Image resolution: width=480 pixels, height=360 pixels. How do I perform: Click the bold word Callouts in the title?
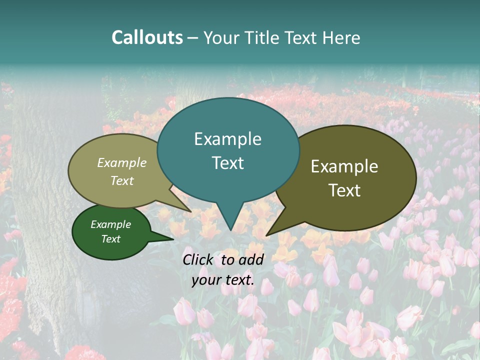pyautogui.click(x=147, y=37)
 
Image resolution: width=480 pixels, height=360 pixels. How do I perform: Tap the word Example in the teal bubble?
pyautogui.click(x=227, y=139)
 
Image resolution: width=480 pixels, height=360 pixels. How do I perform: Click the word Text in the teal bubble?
pyautogui.click(x=227, y=163)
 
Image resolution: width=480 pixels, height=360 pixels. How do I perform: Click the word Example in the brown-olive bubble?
pyautogui.click(x=344, y=166)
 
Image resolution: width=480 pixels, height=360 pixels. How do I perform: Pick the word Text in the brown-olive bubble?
pyautogui.click(x=344, y=190)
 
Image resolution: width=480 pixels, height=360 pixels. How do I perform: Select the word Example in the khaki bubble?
pyautogui.click(x=122, y=163)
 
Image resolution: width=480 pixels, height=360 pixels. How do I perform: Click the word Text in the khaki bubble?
pyautogui.click(x=122, y=180)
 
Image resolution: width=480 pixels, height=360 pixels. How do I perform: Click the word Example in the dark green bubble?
pyautogui.click(x=110, y=224)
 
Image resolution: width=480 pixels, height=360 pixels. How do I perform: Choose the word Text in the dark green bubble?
pyautogui.click(x=110, y=239)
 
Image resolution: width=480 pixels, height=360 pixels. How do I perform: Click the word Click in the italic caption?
pyautogui.click(x=198, y=259)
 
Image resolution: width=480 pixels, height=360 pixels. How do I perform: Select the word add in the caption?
pyautogui.click(x=251, y=259)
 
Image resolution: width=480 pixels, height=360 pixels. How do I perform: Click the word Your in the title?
pyautogui.click(x=220, y=37)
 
